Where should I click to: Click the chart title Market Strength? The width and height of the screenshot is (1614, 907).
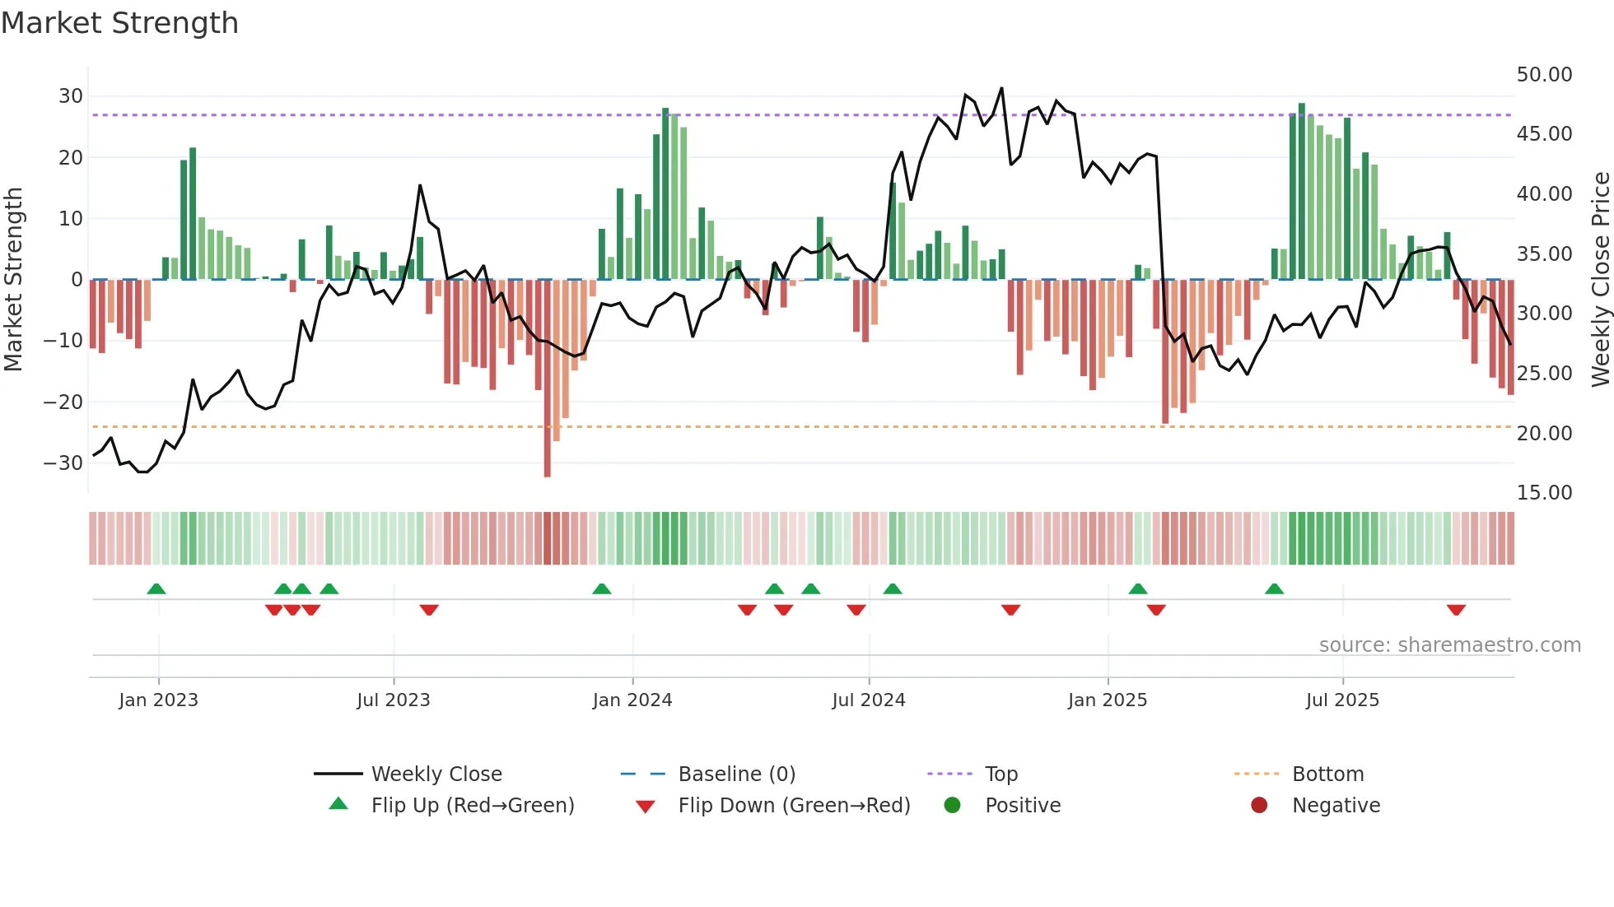point(119,23)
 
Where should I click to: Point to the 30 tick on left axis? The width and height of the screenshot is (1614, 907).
point(70,96)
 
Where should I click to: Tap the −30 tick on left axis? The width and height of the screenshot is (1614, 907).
point(64,463)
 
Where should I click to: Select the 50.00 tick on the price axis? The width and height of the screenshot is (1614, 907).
point(1544,75)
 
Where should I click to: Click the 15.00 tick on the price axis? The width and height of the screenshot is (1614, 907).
point(1544,493)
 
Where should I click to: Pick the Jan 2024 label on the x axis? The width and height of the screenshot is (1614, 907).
point(632,700)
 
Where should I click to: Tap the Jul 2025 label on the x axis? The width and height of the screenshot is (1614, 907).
point(1341,700)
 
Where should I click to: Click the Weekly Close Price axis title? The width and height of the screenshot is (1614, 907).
point(1600,280)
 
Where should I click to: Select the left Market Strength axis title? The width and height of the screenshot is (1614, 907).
point(14,280)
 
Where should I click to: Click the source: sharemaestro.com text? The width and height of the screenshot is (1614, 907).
point(1449,645)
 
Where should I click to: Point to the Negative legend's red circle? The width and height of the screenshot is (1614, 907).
point(1259,806)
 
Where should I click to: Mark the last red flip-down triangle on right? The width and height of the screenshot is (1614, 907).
point(1456,610)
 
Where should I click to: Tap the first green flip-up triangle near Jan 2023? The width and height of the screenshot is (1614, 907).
point(156,588)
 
